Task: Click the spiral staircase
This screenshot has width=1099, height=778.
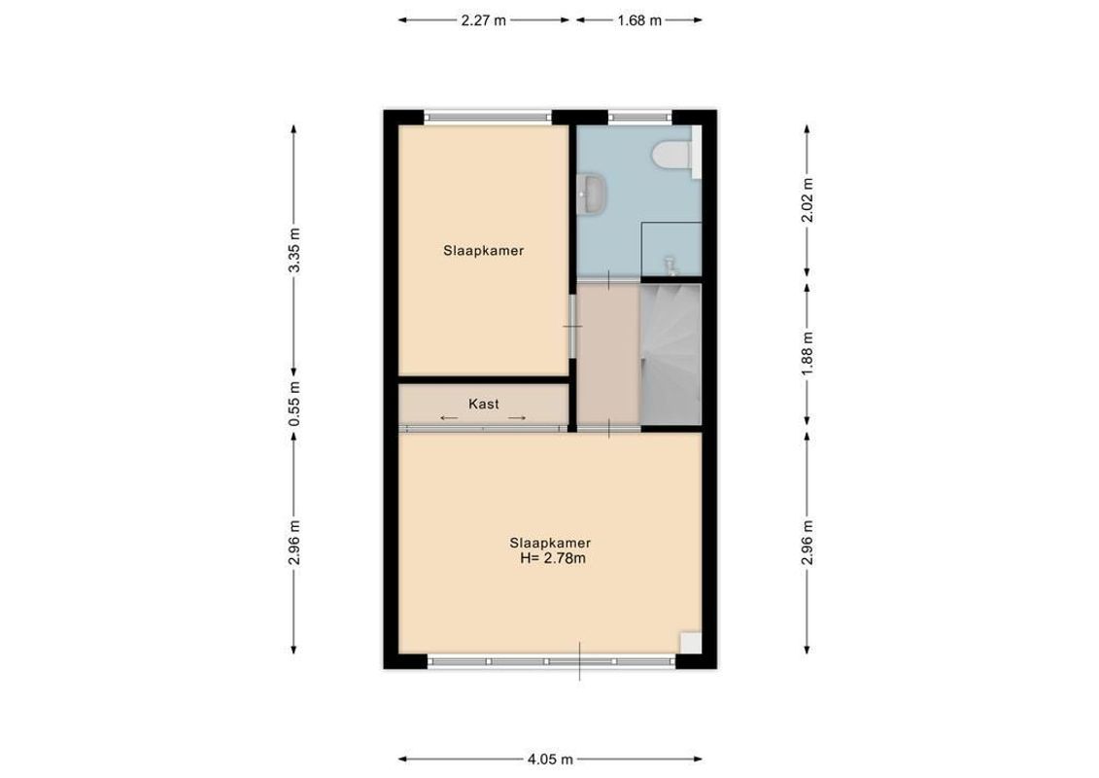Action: [670, 352]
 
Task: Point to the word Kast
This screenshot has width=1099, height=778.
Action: [484, 404]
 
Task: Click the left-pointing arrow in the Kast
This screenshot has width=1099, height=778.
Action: [449, 418]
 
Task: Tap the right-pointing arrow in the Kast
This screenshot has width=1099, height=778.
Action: [517, 418]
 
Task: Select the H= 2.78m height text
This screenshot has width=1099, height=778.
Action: [552, 558]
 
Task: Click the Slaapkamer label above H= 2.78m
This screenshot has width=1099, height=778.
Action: [551, 543]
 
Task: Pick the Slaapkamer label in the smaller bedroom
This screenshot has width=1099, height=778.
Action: [484, 250]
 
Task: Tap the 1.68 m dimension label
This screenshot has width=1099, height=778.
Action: [639, 19]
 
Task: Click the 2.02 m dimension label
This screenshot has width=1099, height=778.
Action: [806, 200]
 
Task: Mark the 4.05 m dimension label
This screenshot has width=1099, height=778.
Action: [551, 760]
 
